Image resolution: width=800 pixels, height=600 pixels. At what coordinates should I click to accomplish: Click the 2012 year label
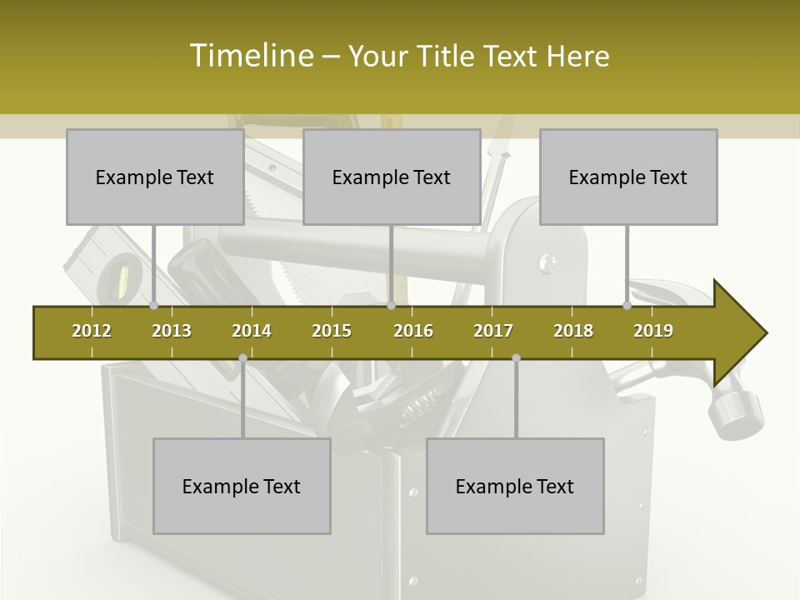(92, 331)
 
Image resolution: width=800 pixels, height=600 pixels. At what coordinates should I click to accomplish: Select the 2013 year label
(172, 331)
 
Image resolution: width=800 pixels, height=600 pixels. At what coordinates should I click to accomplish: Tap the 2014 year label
(252, 331)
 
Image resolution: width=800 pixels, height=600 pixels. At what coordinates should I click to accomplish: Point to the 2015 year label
(332, 331)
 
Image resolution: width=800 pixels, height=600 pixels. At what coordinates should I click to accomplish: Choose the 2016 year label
(413, 331)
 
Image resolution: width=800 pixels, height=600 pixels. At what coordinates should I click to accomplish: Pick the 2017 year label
(493, 331)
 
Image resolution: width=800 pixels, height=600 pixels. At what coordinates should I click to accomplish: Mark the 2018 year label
(573, 331)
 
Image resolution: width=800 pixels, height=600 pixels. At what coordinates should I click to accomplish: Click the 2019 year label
(653, 331)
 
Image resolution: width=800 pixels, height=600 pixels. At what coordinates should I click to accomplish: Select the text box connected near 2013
(155, 177)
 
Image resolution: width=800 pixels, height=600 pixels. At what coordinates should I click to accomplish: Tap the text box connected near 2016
(392, 177)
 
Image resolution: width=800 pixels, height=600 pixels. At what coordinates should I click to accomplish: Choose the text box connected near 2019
(628, 177)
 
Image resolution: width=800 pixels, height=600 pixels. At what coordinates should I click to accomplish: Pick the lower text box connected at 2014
(242, 486)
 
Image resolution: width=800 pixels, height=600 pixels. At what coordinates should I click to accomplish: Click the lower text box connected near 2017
(515, 486)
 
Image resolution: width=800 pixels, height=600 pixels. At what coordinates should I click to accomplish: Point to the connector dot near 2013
(153, 306)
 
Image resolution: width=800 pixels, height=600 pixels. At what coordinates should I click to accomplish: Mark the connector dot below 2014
(242, 358)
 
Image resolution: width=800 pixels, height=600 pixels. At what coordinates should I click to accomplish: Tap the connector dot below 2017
(516, 358)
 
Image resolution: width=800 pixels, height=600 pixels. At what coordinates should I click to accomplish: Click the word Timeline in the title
(250, 56)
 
